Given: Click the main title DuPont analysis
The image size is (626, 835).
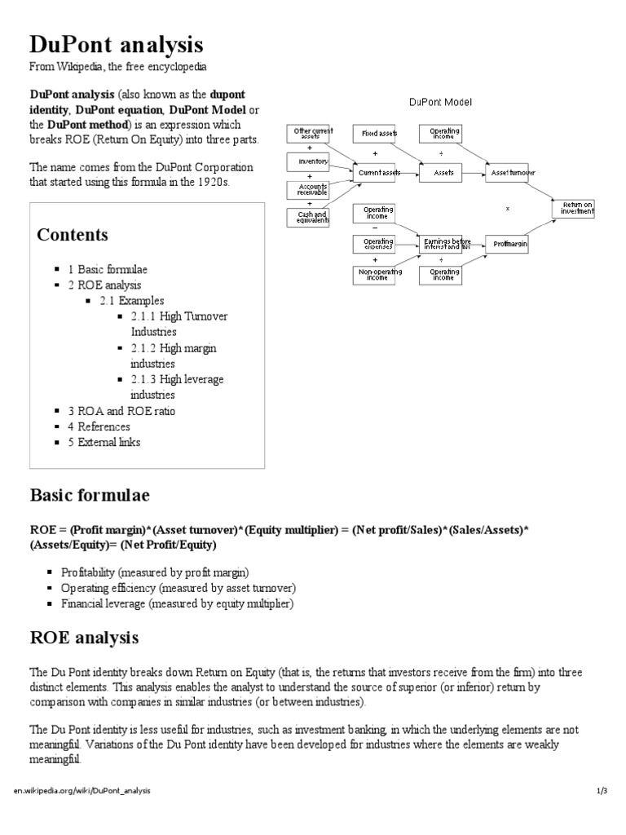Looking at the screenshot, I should [117, 44].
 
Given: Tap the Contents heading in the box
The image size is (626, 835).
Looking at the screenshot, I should [73, 235].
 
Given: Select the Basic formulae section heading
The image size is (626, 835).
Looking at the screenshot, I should [90, 495].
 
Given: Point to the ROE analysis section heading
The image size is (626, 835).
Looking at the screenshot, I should [84, 636].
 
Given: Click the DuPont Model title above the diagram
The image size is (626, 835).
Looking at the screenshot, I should [440, 102].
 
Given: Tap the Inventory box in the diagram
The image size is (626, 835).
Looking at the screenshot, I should [308, 161].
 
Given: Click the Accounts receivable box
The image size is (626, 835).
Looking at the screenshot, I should [308, 190].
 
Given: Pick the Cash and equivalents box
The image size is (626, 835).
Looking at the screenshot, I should [308, 217].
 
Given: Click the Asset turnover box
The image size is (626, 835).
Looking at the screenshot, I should [511, 173].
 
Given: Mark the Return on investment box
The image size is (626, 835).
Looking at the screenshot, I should [577, 208].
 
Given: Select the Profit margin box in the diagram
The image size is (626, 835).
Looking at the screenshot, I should [511, 244].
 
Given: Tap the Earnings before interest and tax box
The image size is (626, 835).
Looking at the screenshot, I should [447, 244].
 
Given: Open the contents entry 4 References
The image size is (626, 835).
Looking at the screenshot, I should [99, 426].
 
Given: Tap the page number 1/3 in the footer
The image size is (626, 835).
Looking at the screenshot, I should [602, 791].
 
